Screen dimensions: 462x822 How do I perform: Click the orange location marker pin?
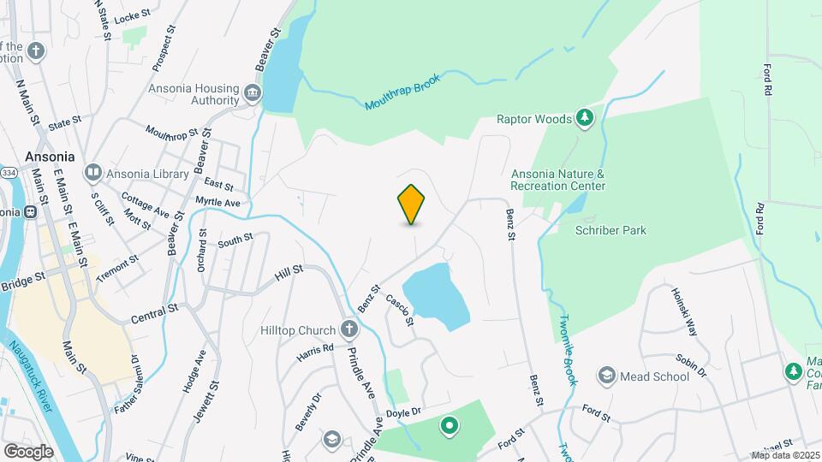click(x=412, y=204)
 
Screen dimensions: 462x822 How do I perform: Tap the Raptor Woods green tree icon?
click(x=585, y=117)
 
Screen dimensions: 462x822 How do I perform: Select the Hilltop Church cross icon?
click(x=348, y=329)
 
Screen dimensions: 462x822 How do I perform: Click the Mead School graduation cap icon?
click(x=607, y=376)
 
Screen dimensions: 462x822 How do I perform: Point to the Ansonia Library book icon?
click(x=92, y=173)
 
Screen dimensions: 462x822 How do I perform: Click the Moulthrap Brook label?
click(x=402, y=92)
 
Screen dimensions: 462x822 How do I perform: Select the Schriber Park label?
click(x=611, y=230)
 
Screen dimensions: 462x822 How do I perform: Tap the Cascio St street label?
click(x=400, y=311)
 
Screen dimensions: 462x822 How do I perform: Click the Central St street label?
click(x=154, y=313)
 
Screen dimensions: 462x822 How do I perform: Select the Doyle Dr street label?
click(x=404, y=412)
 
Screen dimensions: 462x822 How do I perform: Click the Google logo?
click(x=28, y=451)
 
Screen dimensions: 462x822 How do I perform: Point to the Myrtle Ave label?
click(x=217, y=202)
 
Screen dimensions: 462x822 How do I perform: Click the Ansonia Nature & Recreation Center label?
click(x=557, y=180)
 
